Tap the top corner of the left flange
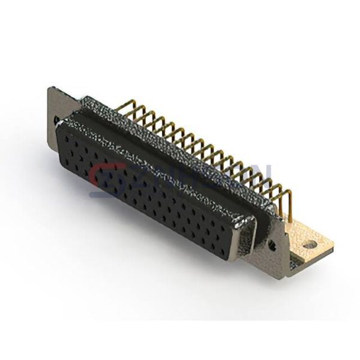click(50, 88)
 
